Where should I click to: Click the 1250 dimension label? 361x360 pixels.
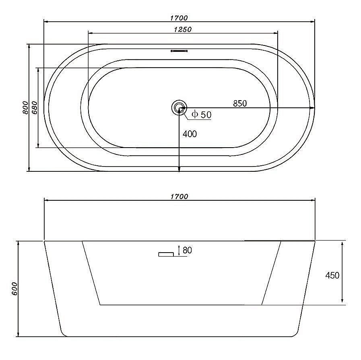click(183, 29)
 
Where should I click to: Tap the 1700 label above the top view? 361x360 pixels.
click(179, 18)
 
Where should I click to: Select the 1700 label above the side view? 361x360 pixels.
click(179, 196)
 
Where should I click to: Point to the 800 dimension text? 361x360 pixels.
click(25, 107)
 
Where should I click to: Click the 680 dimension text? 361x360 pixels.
click(34, 107)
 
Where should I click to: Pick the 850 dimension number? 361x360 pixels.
click(240, 103)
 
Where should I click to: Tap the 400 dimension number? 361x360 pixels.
click(190, 134)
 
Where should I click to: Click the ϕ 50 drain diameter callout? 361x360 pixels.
click(202, 114)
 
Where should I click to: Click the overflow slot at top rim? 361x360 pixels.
click(179, 51)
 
